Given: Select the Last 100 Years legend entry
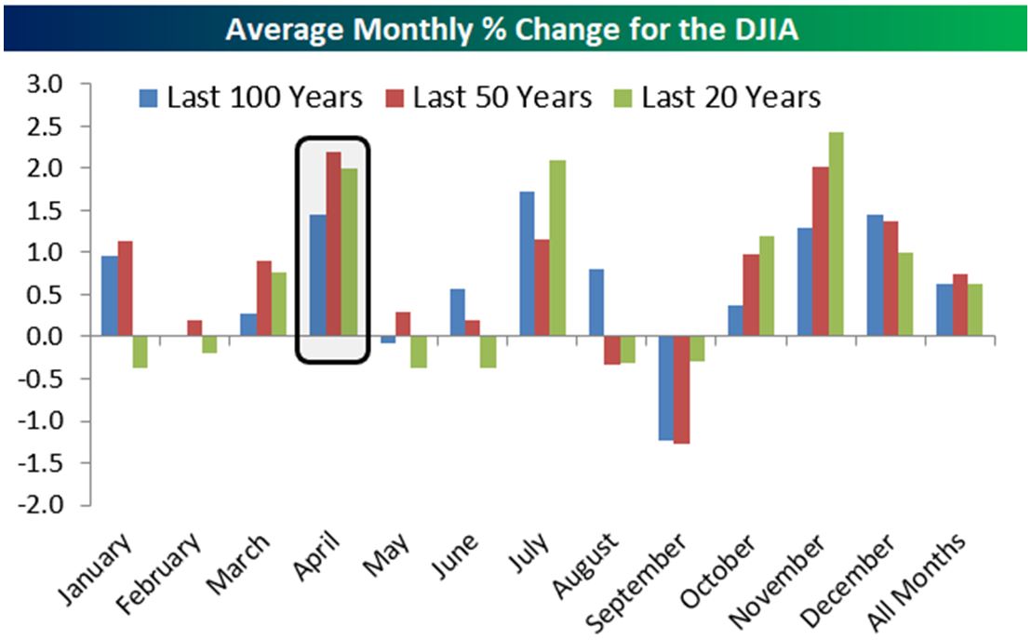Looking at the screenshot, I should [252, 98].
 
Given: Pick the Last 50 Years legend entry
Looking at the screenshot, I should [489, 98].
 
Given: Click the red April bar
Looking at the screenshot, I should [333, 244].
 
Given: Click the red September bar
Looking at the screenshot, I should [682, 390].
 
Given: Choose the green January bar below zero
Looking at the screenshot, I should [141, 352].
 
